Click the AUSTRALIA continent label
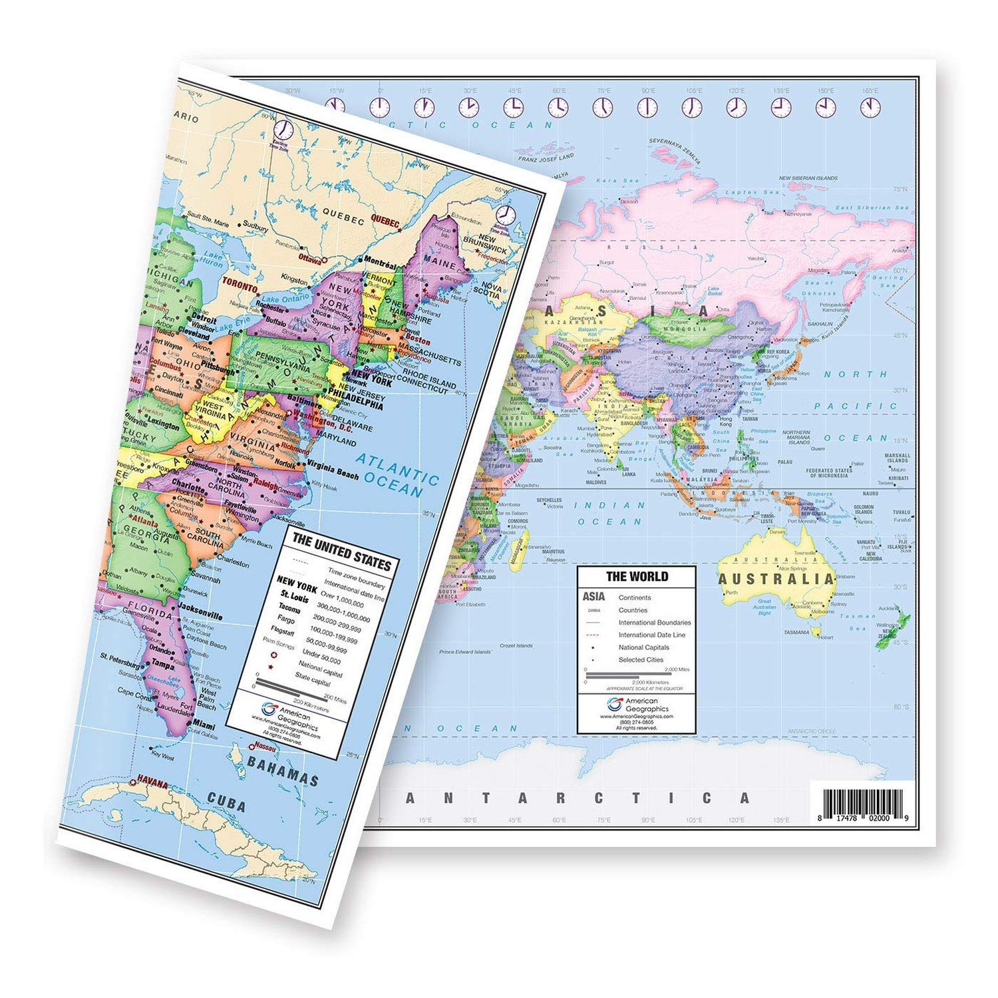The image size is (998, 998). coord(776,578)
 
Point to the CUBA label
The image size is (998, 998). coord(226,802)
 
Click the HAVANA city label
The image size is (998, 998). coord(152,784)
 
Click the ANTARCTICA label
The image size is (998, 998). coord(578,798)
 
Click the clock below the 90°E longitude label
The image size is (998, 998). coord(647,106)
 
